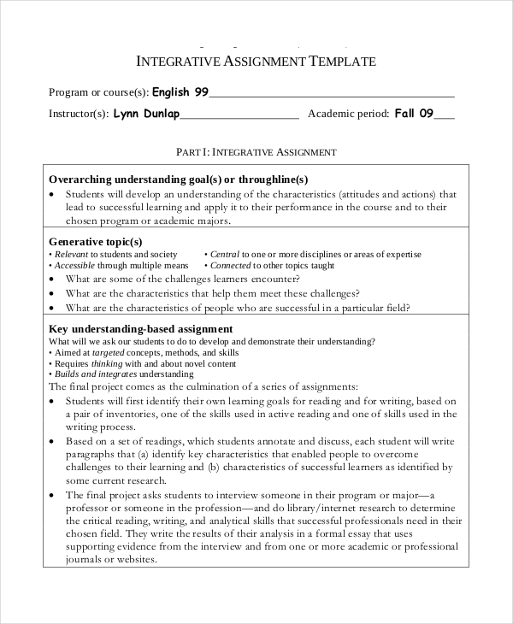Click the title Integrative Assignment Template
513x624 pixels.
pyautogui.click(x=256, y=62)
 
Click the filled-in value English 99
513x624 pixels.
pyautogui.click(x=180, y=91)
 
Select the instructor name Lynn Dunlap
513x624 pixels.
pyautogui.click(x=146, y=113)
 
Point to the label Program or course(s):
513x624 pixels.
pyautogui.click(x=98, y=92)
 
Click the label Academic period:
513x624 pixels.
pyautogui.click(x=348, y=114)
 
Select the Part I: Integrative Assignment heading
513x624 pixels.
pyautogui.click(x=256, y=151)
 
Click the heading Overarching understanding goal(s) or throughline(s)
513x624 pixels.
pyautogui.click(x=178, y=180)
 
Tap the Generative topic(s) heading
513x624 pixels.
pyautogui.click(x=96, y=242)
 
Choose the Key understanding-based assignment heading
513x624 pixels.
pyautogui.click(x=141, y=329)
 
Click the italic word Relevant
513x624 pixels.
pyautogui.click(x=71, y=255)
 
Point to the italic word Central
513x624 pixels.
pyautogui.click(x=225, y=255)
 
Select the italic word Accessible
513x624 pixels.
pyautogui.click(x=74, y=266)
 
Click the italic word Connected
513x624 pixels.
pyautogui.click(x=231, y=266)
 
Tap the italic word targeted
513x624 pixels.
pyautogui.click(x=109, y=352)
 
